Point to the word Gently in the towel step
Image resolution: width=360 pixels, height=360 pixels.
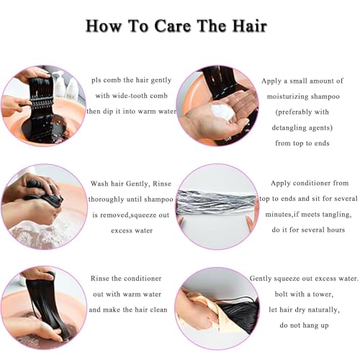(266, 278)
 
